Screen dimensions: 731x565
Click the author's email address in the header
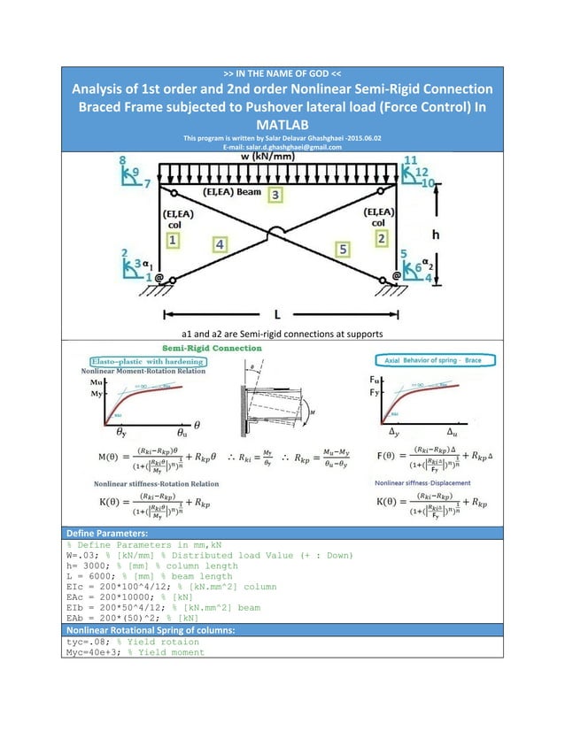coord(282,147)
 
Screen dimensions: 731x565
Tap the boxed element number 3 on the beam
coord(276,193)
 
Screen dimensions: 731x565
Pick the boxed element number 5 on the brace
coord(343,249)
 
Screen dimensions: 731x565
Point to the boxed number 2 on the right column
coord(382,238)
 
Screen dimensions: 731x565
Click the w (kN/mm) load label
coord(282,157)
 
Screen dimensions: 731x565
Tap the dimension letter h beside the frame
coord(434,235)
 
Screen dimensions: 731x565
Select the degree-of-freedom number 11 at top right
coord(409,159)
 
